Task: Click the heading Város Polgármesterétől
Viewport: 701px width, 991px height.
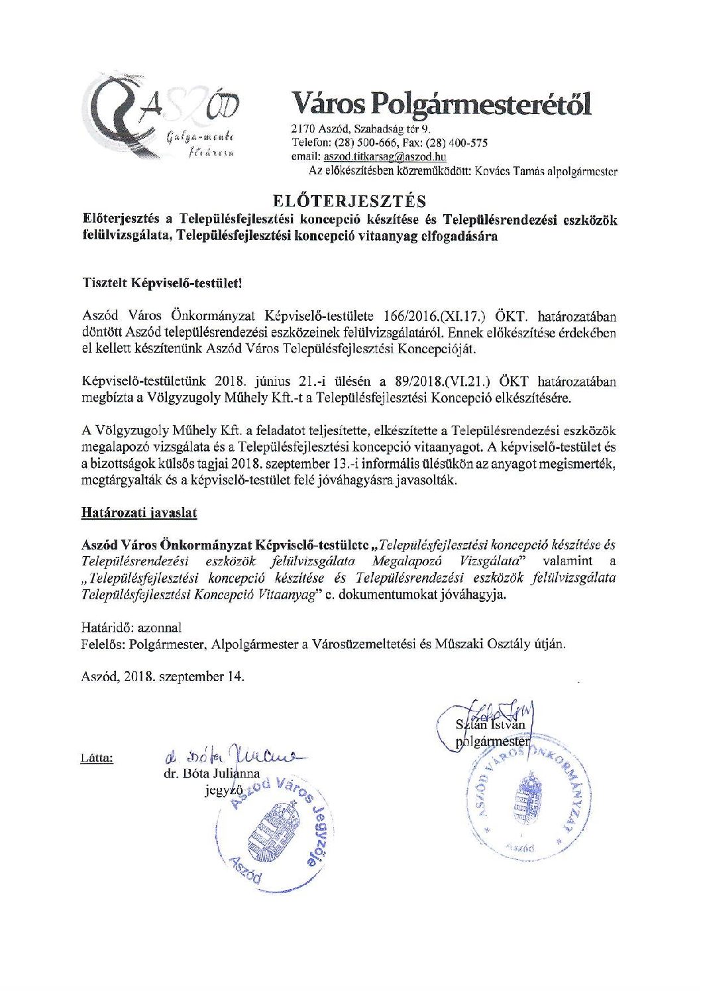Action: coord(441,104)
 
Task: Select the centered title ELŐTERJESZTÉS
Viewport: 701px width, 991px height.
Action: coord(350,200)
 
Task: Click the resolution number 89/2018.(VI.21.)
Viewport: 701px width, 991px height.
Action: coord(452,381)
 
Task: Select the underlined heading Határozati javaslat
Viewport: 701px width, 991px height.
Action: coord(138,512)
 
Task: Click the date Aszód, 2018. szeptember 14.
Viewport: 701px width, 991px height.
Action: coord(162,677)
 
